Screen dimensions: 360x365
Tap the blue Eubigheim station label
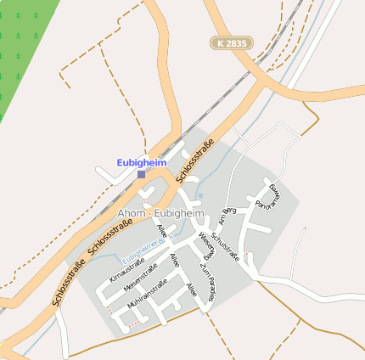coord(141,161)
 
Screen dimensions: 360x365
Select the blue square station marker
coord(141,174)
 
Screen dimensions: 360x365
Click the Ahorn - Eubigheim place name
coord(161,212)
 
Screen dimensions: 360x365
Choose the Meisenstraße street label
coord(140,281)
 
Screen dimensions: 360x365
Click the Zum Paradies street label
coord(207,279)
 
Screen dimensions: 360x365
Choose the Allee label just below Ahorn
coord(162,231)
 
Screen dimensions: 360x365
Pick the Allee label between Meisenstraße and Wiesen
coord(175,261)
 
